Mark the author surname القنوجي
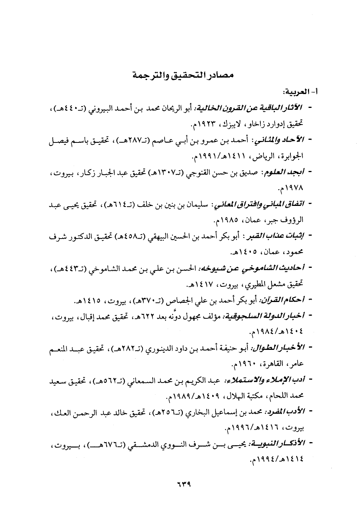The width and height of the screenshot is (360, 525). point(190,172)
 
